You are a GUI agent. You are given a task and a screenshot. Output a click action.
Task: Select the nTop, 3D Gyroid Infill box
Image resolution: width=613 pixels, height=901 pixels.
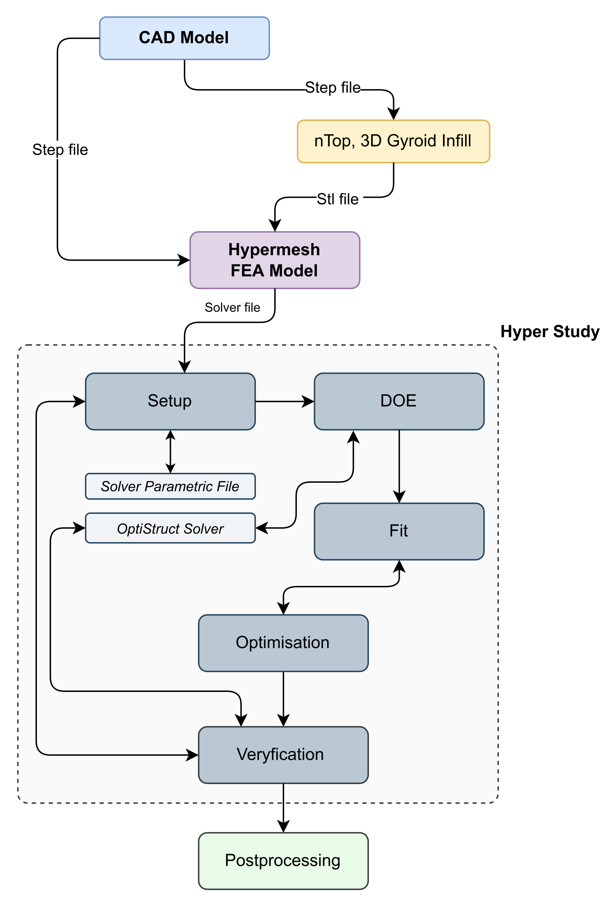pos(393,141)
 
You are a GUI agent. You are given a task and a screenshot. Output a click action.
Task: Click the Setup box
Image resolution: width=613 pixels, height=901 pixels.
pos(170,401)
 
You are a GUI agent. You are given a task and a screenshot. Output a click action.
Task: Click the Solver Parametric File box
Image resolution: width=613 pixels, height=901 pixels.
pos(170,486)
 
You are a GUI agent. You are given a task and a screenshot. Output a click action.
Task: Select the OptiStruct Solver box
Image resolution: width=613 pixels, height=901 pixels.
pos(170,528)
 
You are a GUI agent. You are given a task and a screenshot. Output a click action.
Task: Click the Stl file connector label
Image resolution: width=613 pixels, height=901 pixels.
pos(338,199)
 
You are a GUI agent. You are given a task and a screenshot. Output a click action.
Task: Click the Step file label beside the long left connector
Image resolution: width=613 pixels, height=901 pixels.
pos(60,150)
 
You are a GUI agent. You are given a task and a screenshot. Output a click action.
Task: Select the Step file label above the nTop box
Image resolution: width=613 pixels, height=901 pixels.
pos(332,88)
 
